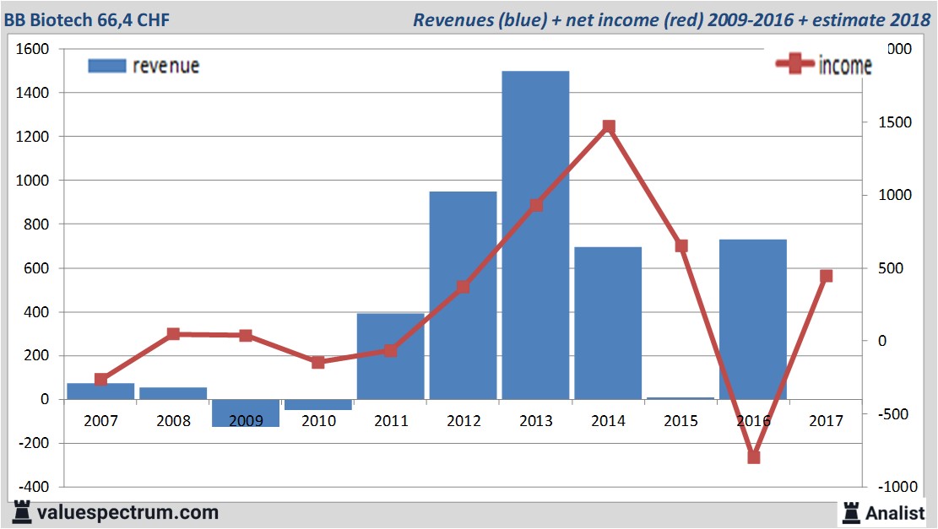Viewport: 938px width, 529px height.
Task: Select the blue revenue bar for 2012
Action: (463, 295)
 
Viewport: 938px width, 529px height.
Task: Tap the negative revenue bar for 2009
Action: (245, 413)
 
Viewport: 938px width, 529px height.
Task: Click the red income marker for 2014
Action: (609, 127)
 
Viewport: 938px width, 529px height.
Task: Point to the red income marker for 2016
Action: (754, 457)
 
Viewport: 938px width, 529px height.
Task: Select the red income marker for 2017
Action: (826, 276)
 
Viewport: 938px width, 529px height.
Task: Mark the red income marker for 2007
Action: (101, 380)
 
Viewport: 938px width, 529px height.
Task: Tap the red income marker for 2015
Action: (681, 246)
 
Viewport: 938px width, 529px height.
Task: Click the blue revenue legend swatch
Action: (106, 66)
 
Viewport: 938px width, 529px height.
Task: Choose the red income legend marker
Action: (794, 65)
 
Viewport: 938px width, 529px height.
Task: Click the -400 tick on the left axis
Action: (32, 487)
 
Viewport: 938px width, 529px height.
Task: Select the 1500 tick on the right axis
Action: (889, 122)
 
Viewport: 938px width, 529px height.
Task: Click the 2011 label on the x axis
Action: (390, 421)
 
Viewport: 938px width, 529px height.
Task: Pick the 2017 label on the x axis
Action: (826, 421)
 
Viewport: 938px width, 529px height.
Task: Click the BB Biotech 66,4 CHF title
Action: (87, 19)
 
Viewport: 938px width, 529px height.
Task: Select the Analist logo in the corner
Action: (883, 511)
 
